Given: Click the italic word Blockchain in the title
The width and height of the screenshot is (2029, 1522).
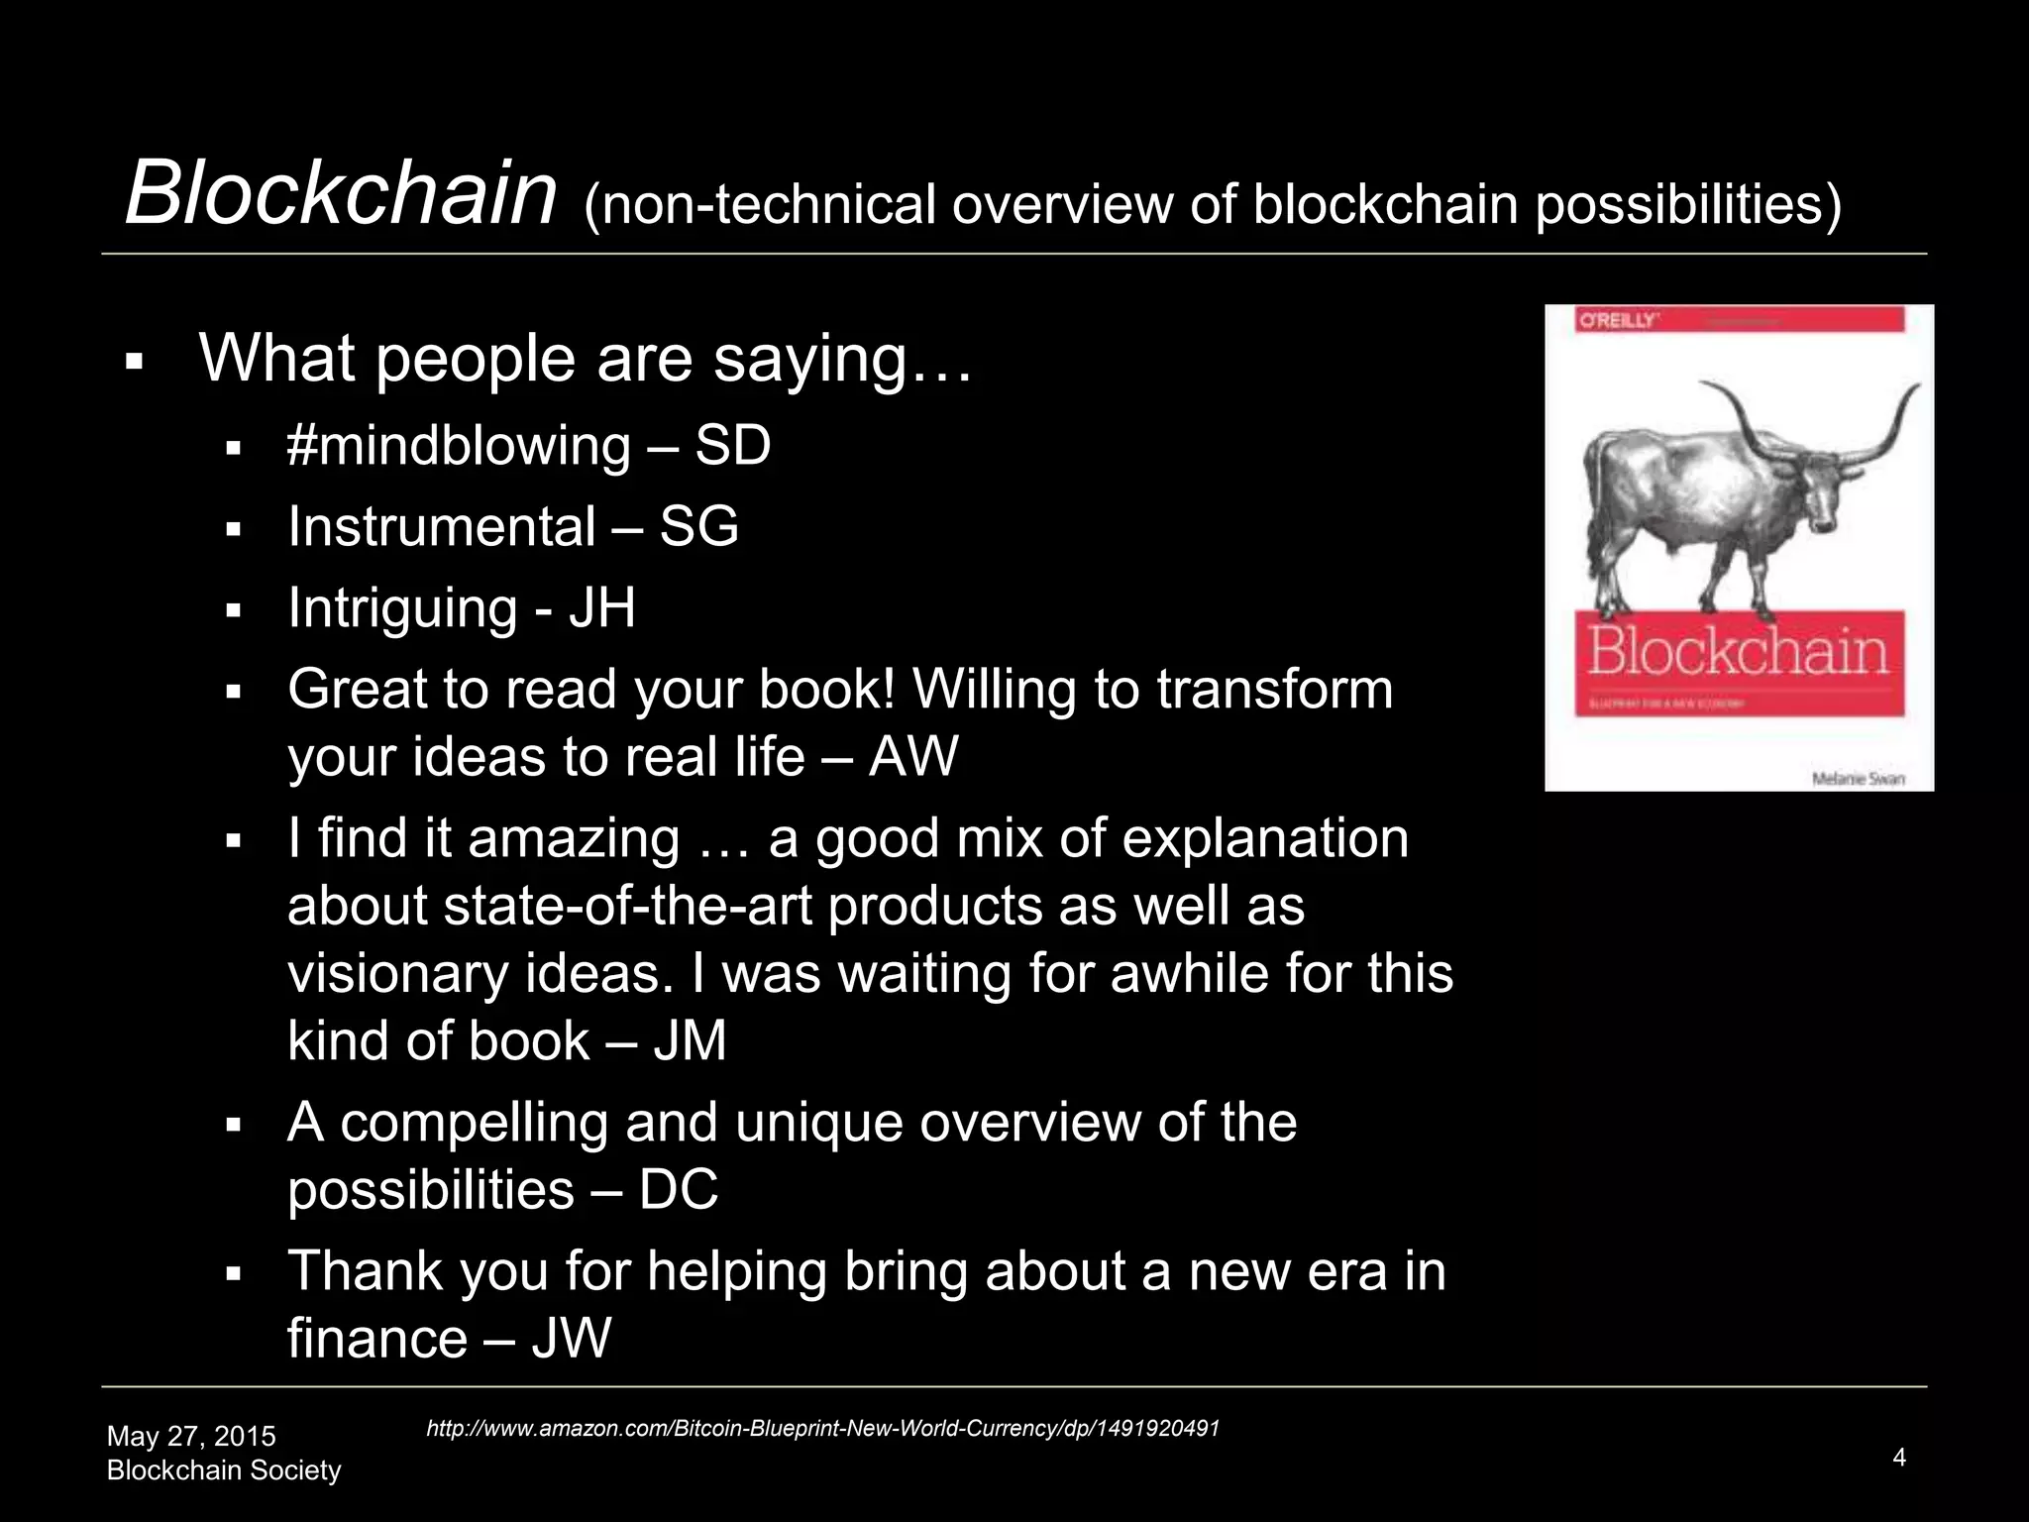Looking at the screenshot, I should pos(341,193).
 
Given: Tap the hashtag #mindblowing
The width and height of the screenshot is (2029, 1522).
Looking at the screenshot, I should pos(458,446).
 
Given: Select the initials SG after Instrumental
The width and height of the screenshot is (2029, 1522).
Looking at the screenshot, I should pos(698,526).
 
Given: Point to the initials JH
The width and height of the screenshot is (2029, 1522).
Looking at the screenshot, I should pos(601,607).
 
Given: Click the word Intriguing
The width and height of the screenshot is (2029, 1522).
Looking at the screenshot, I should pos(402,607).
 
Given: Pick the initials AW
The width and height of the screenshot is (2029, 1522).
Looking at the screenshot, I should pos(913,757).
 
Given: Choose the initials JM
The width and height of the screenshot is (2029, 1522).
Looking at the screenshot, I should pos(690,1041).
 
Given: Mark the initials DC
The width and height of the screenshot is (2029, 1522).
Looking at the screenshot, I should pos(679,1190).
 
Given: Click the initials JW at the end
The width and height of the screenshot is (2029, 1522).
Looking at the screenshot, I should pos(572,1339).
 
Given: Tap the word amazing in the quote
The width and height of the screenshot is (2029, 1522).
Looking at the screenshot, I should pos(574,839).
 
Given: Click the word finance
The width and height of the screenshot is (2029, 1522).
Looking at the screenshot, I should pos(377,1339).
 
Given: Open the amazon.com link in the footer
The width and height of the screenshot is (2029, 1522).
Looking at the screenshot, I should pos(822,1428).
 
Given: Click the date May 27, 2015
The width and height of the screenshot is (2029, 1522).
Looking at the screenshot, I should pos(191,1436).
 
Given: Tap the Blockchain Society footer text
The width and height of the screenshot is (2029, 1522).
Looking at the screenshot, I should pos(224,1470).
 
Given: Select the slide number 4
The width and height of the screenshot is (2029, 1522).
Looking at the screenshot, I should pos(1899,1457).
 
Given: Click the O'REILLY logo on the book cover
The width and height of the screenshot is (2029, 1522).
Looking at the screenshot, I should pos(1617,320).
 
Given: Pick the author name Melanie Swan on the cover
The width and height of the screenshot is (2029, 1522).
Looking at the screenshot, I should pos(1858,779).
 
